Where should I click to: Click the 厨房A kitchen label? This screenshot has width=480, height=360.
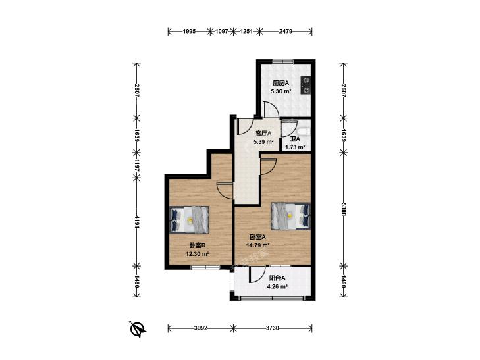pyautogui.click(x=280, y=83)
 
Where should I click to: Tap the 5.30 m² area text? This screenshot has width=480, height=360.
pyautogui.click(x=280, y=91)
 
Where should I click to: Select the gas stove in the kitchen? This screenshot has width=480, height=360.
pyautogui.click(x=306, y=85)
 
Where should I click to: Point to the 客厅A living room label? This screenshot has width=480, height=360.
pyautogui.click(x=263, y=134)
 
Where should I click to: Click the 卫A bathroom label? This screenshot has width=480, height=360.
pyautogui.click(x=295, y=139)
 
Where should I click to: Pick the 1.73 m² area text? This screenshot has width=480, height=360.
pyautogui.click(x=295, y=147)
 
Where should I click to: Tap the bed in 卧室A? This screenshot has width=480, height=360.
pyautogui.click(x=290, y=217)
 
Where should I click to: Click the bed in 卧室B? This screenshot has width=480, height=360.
pyautogui.click(x=190, y=220)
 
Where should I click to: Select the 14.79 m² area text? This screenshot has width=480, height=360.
pyautogui.click(x=257, y=245)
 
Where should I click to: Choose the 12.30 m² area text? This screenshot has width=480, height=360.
pyautogui.click(x=198, y=253)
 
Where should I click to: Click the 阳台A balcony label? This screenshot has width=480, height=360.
pyautogui.click(x=277, y=278)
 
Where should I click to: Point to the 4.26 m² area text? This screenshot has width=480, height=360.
pyautogui.click(x=277, y=286)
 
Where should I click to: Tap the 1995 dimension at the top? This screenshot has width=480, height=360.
pyautogui.click(x=189, y=31)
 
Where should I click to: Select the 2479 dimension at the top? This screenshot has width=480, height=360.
pyautogui.click(x=286, y=31)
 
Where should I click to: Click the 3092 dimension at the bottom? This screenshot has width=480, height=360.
pyautogui.click(x=201, y=328)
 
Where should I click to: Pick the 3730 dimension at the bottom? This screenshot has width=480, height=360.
pyautogui.click(x=273, y=328)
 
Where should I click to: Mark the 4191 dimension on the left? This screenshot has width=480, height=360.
pyautogui.click(x=137, y=221)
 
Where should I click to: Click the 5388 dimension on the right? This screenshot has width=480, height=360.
pyautogui.click(x=344, y=209)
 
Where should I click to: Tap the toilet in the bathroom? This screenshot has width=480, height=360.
pyautogui.click(x=304, y=132)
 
